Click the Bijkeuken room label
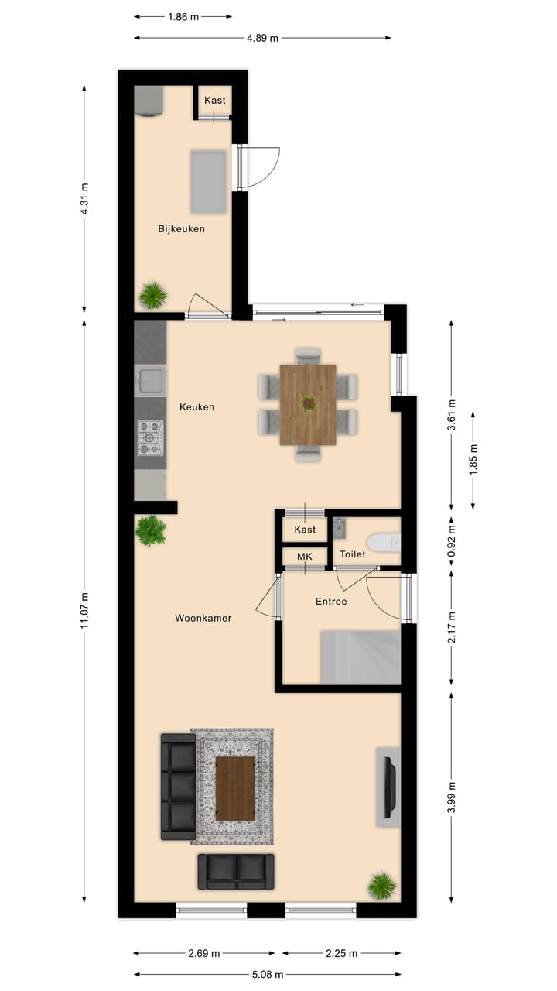point(181,228)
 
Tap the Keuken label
point(196,406)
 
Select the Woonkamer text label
point(203,618)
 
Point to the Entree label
point(330,602)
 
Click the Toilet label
point(352,554)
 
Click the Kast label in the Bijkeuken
point(215,101)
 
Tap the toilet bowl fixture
point(383,542)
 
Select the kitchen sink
point(150,381)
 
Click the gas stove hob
point(150,438)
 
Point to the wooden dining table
point(308,404)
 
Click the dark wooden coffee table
point(235,788)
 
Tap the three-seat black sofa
point(179,787)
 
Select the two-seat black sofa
point(236,871)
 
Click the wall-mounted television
point(389,787)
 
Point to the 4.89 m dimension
point(262,37)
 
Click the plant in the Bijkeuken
point(153,295)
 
